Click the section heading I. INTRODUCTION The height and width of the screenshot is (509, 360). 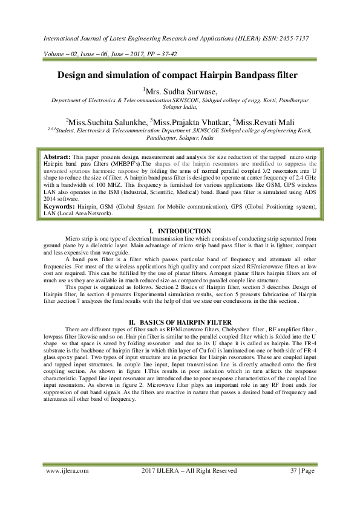pyautogui.click(x=180, y=231)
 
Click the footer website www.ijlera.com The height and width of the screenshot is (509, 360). pyautogui.click(x=67, y=470)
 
